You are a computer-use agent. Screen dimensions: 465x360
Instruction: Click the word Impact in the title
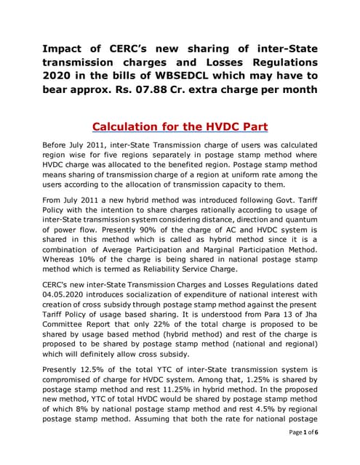point(64,49)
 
